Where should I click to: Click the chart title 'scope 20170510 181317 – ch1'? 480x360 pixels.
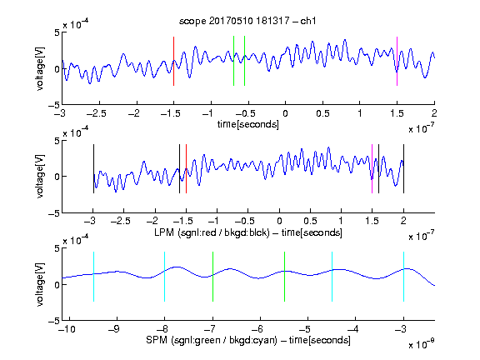click(247, 21)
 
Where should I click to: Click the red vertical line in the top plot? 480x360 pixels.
click(173, 61)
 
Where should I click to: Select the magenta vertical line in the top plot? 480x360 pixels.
click(397, 61)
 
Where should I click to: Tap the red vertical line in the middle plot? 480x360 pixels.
click(186, 168)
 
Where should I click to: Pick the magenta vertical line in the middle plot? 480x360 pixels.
click(372, 168)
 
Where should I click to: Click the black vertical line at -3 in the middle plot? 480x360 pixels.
click(93, 168)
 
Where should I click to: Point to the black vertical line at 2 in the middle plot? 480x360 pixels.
click(403, 168)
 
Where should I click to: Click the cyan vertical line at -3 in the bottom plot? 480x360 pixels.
click(403, 277)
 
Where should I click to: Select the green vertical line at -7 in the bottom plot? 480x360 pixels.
click(212, 277)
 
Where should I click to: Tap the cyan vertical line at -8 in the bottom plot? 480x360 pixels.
click(164, 277)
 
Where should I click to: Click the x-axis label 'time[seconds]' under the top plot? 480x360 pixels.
click(248, 124)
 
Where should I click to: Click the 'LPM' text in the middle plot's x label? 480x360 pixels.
click(164, 232)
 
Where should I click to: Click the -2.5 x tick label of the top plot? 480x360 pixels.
click(97, 113)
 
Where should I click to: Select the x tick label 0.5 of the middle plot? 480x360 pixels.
click(310, 221)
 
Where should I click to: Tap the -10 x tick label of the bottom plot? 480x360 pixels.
click(67, 329)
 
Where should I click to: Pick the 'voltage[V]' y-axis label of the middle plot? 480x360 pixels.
click(40, 176)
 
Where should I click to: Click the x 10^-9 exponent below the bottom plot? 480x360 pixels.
click(422, 344)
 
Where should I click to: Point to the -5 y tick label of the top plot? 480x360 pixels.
click(54, 105)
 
